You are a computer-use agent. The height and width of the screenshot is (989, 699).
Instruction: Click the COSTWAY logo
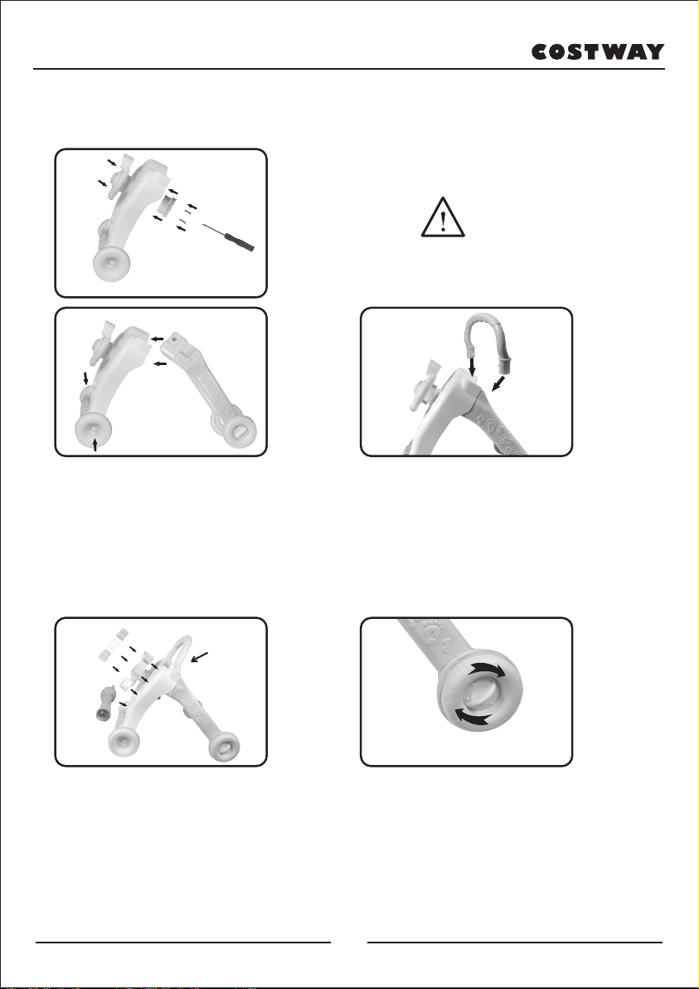[598, 51]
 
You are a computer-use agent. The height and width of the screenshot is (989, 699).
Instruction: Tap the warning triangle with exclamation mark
[443, 217]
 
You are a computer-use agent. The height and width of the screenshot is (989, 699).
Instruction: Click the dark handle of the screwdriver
[241, 241]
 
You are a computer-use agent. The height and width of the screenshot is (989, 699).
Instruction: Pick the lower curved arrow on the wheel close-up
[472, 716]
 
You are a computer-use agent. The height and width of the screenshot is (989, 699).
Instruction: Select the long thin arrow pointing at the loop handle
[201, 657]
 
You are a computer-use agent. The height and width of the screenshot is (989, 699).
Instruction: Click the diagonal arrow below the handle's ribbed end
[499, 383]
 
